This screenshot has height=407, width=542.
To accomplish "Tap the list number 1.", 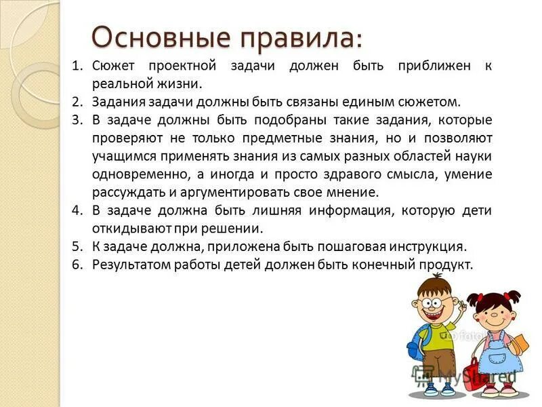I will pyautogui.click(x=77, y=66).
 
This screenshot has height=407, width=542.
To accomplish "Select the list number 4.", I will pyautogui.click(x=77, y=210).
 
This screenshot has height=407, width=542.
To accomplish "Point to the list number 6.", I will pyautogui.click(x=77, y=264).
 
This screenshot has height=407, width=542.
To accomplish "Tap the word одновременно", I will pyautogui.click(x=132, y=174).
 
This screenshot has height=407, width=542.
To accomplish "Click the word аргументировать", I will pyautogui.click(x=230, y=193).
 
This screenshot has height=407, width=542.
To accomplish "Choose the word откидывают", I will pyautogui.click(x=129, y=229).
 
